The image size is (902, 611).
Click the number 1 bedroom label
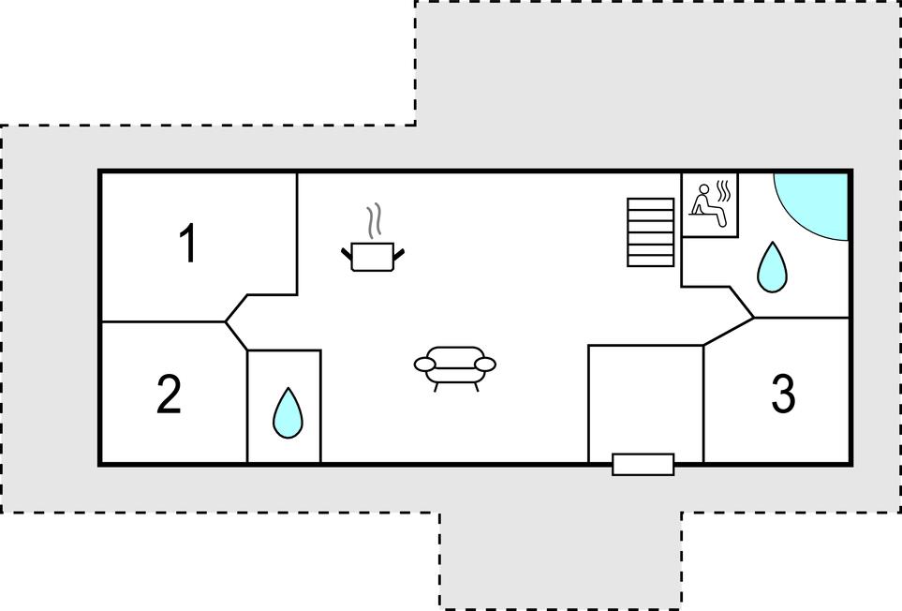click(188, 244)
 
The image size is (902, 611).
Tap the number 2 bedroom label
click(170, 394)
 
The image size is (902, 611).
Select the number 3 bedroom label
click(783, 394)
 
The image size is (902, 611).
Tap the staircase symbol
click(651, 231)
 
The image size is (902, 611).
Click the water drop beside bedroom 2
click(288, 413)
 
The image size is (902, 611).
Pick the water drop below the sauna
click(772, 267)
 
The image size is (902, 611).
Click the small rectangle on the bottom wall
click(643, 465)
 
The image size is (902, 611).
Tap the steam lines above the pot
click(374, 220)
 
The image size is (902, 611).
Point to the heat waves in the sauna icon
click(724, 191)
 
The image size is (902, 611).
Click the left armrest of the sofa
click(425, 365)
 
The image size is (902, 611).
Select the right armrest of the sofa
click(484, 365)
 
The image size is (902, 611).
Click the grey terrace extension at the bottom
click(561, 559)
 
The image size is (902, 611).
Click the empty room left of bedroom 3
click(645, 400)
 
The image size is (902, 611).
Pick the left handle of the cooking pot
click(347, 253)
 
